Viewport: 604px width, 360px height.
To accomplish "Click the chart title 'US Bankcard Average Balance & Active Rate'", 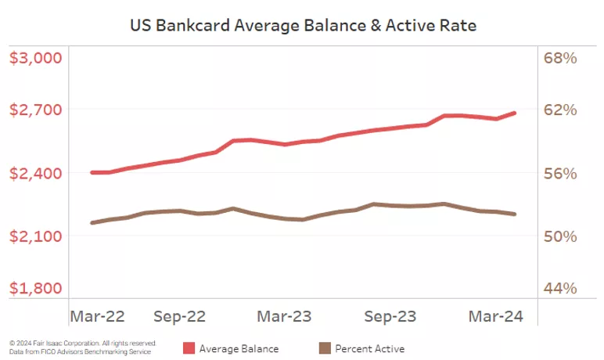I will coord(303,25).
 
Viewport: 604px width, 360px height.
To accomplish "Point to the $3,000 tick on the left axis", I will coord(35,58).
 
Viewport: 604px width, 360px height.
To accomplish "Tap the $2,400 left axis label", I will coord(35,173).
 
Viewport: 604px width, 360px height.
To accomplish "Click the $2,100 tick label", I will coord(35,236).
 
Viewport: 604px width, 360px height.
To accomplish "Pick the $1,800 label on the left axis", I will coord(35,287).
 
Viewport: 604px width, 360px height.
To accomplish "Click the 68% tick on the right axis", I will coord(560,58).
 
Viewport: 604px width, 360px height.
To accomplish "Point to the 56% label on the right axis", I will coord(560,173).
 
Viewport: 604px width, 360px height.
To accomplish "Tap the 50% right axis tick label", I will coord(560,236).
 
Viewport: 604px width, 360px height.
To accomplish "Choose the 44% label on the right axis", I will coord(560,287).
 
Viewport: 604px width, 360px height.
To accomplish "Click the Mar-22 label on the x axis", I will coord(98,316).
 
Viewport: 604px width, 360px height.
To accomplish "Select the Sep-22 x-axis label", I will coord(179,316).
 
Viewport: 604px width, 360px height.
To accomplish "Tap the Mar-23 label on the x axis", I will coord(284,316).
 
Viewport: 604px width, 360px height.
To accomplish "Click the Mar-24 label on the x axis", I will coord(494,316).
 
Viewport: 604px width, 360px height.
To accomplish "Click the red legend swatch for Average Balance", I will coord(189,347).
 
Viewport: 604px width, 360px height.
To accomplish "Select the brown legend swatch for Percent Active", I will coord(324,347).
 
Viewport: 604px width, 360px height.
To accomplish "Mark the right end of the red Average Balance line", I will coord(514,113).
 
